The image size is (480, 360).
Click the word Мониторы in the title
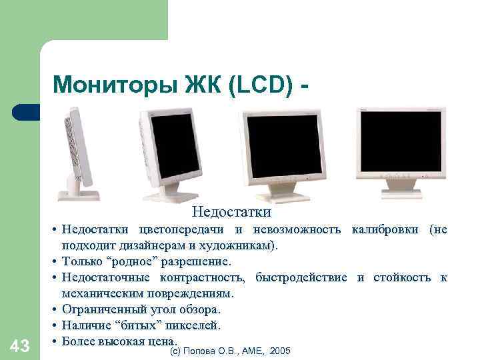pyautogui.click(x=96, y=85)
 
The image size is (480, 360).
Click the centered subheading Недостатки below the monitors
pyautogui.click(x=231, y=213)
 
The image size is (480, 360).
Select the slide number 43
pyautogui.click(x=20, y=345)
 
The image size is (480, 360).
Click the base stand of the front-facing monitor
pyautogui.click(x=401, y=193)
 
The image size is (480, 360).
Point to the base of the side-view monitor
pyautogui.click(x=79, y=195)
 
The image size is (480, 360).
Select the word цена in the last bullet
pyautogui.click(x=162, y=341)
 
